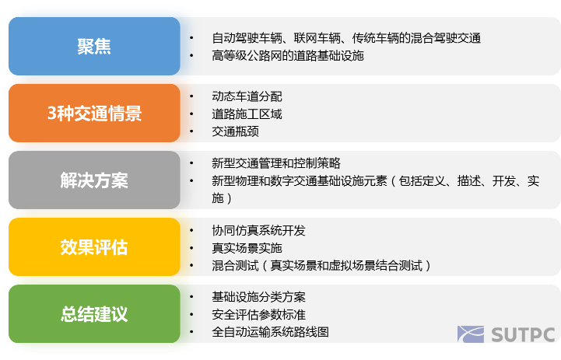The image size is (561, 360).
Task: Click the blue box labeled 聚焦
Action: pyautogui.click(x=94, y=47)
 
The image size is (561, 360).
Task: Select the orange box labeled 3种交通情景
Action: pyautogui.click(x=94, y=114)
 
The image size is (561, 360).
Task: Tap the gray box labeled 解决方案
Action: pyautogui.click(x=94, y=180)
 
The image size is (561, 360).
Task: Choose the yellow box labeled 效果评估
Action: pyautogui.click(x=94, y=247)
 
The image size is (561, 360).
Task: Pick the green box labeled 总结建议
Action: pyautogui.click(x=94, y=314)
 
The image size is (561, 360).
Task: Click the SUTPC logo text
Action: pyautogui.click(x=523, y=335)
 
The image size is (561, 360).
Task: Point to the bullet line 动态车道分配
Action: pyautogui.click(x=247, y=96)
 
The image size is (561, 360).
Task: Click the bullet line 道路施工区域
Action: pyautogui.click(x=247, y=114)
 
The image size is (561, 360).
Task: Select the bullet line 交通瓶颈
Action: pyautogui.click(x=235, y=132)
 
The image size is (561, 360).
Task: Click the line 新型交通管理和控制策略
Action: pyautogui.click(x=275, y=163)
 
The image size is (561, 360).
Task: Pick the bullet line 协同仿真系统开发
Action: pyautogui.click(x=258, y=231)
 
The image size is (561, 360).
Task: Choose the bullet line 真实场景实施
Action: pyautogui.click(x=247, y=249)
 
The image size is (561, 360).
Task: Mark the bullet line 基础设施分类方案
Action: pyautogui.click(x=258, y=298)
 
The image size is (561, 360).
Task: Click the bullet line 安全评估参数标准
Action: pyautogui.click(x=258, y=315)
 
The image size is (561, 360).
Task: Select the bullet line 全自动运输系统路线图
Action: pyautogui.click(x=270, y=332)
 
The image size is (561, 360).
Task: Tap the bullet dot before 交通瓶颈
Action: pyautogui.click(x=192, y=131)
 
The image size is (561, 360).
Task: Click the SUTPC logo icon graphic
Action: pyautogui.click(x=472, y=335)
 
